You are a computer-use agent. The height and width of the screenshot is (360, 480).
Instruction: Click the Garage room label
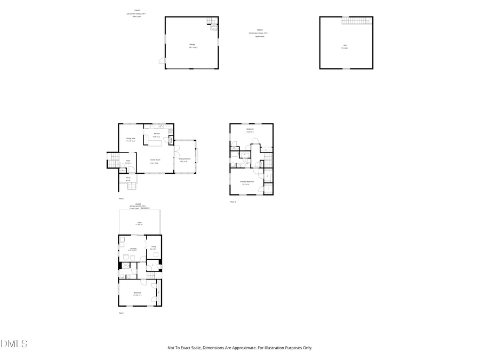click(193, 46)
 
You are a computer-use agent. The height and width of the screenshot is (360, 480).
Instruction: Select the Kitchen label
click(157, 135)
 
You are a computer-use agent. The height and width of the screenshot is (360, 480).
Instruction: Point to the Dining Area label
click(131, 139)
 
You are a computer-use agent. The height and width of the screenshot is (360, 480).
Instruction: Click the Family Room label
click(154, 163)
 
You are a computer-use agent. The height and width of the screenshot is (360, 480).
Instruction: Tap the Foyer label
click(128, 162)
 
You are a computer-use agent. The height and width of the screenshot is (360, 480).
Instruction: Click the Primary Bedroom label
click(247, 183)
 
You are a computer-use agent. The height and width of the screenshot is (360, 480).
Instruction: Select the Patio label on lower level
click(139, 223)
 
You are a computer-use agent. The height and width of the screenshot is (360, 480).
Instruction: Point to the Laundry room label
click(133, 249)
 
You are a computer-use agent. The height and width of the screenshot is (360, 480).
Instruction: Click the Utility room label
click(153, 247)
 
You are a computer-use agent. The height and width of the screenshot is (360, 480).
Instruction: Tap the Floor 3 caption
click(233, 202)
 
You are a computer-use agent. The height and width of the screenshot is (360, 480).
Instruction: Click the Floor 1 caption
click(121, 313)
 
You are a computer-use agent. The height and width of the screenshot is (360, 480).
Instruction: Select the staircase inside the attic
click(356, 21)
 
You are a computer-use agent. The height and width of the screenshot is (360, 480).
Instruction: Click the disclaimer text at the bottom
click(239, 348)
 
